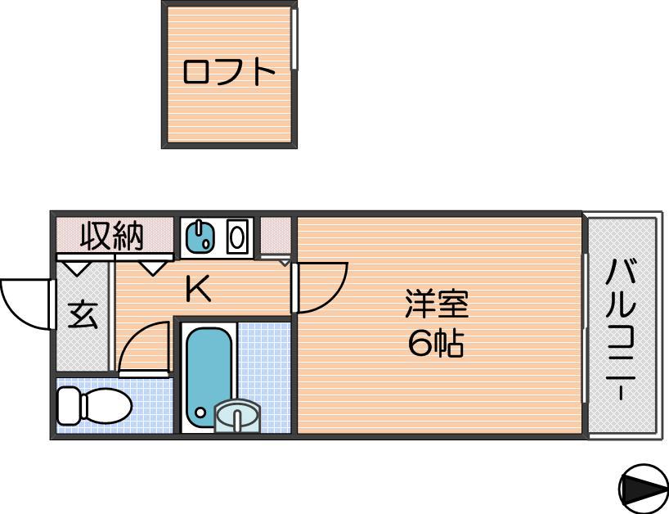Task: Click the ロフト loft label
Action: pos(229,72)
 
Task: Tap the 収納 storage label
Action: pos(112,236)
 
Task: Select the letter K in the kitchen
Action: pos(198,288)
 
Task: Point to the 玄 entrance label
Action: pos(83,315)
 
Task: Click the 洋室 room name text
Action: pos(437,304)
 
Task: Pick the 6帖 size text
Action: pos(436,344)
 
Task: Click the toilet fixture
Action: pos(94,406)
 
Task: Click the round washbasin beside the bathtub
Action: pos(237,416)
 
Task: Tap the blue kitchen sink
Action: pos(202,236)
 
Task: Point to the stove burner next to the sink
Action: pos(237,236)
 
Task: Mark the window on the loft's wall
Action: pos(294,38)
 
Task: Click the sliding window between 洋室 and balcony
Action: pos(585,328)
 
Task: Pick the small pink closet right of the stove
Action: pos(276,236)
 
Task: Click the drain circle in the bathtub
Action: pos(200,413)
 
